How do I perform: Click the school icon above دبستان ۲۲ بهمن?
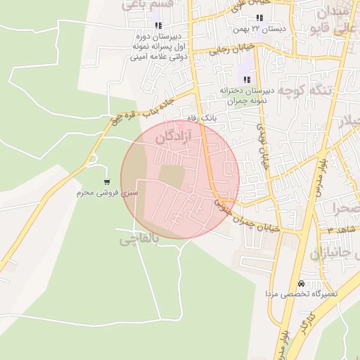259,18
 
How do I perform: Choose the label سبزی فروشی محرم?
108,191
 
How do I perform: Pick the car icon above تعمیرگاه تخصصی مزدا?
302,283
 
